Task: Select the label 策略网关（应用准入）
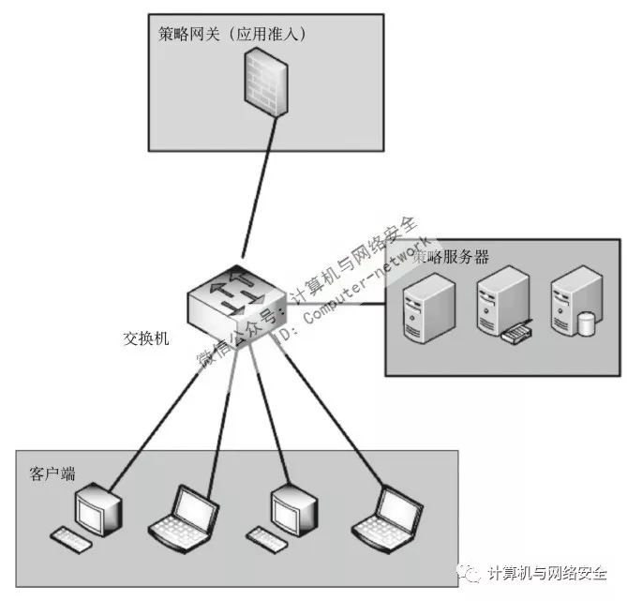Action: coord(233,35)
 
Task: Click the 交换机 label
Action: coord(146,338)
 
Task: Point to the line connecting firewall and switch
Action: coord(259,188)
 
